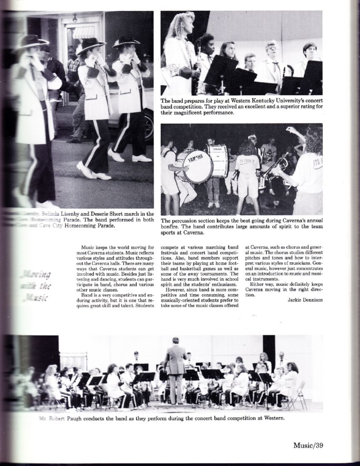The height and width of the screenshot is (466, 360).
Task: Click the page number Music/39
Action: (308, 444)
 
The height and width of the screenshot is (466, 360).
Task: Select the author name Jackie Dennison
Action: (305, 299)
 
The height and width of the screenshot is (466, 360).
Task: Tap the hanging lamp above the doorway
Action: (75, 18)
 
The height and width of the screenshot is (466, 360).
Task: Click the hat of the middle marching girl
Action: (90, 43)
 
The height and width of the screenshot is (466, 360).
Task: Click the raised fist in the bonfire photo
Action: (290, 130)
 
